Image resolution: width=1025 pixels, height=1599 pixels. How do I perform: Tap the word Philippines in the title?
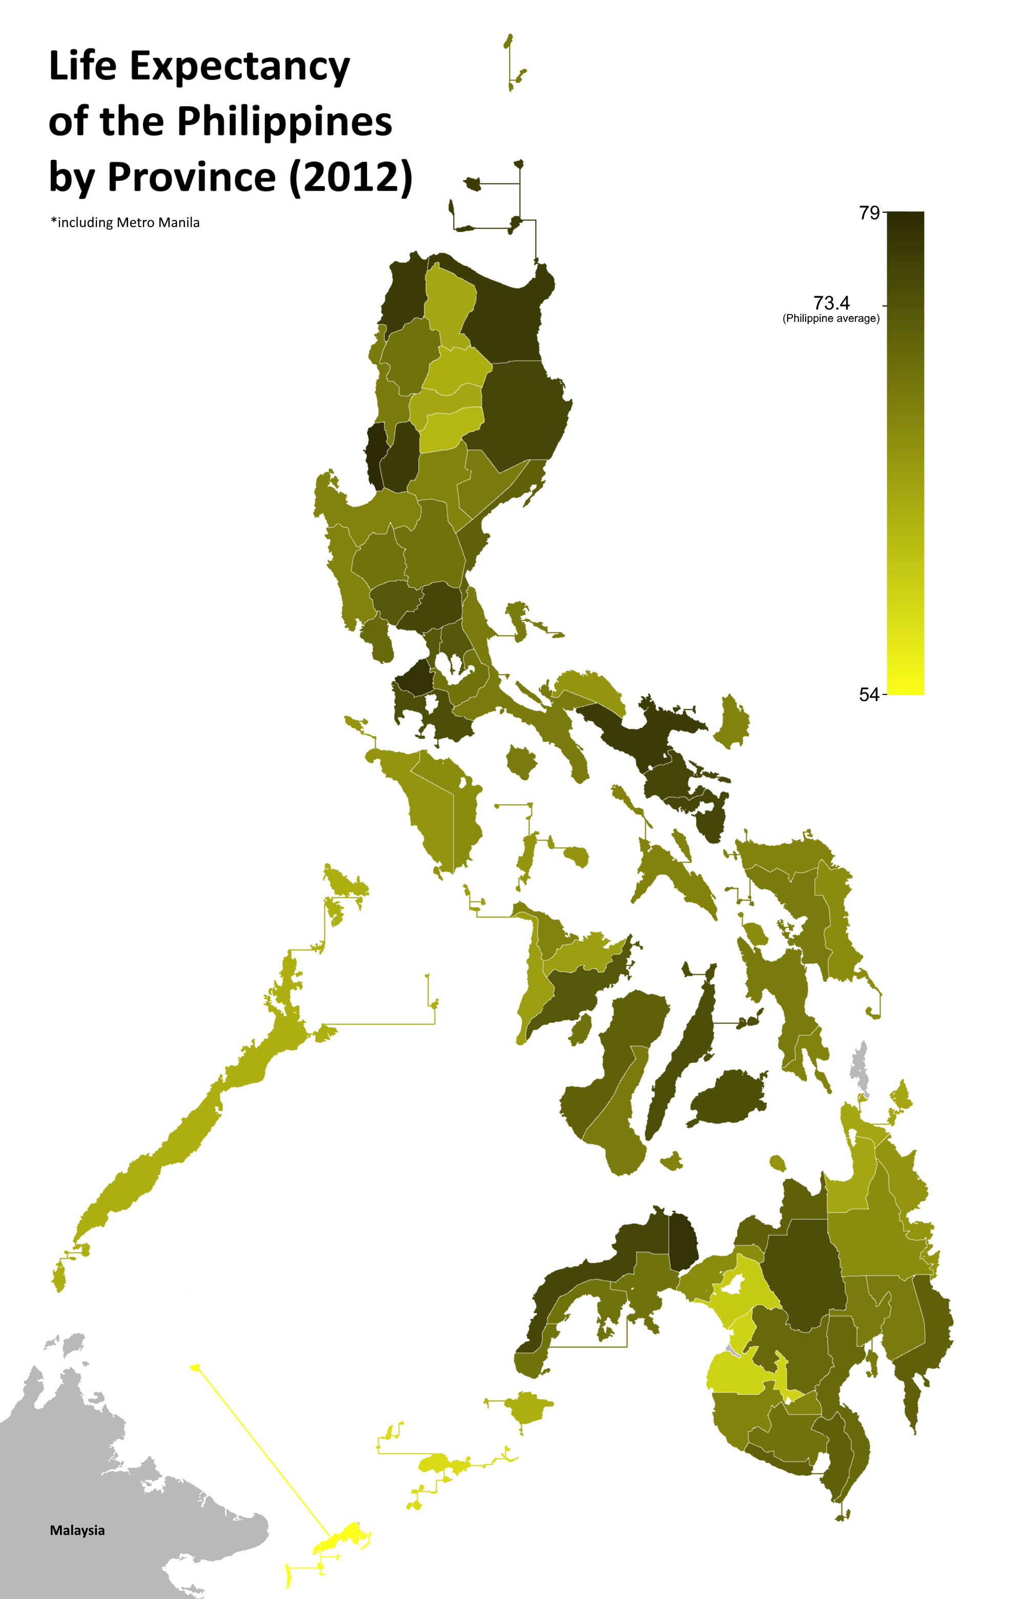pos(284,122)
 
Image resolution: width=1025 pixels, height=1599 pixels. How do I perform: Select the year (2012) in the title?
pos(351,178)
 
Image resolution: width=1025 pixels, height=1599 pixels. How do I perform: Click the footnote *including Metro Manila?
pos(125,223)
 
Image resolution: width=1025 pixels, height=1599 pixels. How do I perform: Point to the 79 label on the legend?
pos(869,213)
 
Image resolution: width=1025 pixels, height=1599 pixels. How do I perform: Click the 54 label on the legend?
pos(869,695)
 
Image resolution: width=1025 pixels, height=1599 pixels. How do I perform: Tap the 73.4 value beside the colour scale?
pos(831,303)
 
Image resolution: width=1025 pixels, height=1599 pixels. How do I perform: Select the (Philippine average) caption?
pos(831,319)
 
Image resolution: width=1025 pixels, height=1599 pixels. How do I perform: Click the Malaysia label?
pos(77,1530)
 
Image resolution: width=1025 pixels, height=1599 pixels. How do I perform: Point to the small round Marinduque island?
pos(521,761)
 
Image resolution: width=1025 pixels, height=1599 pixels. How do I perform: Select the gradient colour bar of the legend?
pos(905,453)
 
